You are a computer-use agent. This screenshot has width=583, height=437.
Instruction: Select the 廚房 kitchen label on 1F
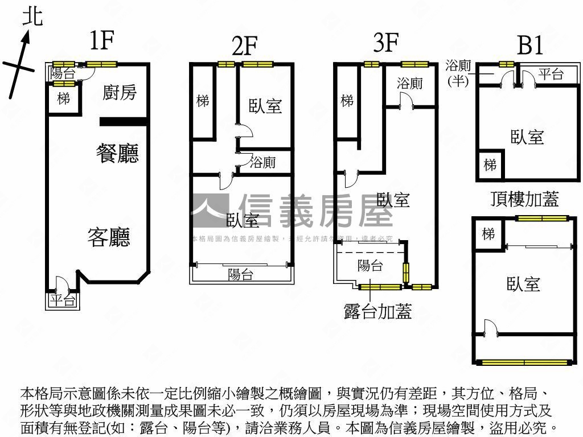pyautogui.click(x=120, y=92)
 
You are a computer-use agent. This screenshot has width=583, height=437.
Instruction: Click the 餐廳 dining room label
pyautogui.click(x=118, y=154)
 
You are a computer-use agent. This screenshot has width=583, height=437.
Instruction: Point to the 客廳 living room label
pyautogui.click(x=108, y=237)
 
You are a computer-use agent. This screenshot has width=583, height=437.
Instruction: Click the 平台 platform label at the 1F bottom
pyautogui.click(x=63, y=301)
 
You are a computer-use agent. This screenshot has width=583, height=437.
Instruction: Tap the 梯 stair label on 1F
pyautogui.click(x=63, y=98)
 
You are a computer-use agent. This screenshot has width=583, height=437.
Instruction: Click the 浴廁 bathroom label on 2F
pyautogui.click(x=263, y=163)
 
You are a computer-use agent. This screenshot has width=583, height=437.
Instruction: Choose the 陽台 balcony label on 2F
pyautogui.click(x=240, y=275)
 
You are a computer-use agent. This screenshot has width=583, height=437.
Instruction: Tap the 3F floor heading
pyautogui.click(x=385, y=43)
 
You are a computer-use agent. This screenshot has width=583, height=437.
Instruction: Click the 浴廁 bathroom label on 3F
pyautogui.click(x=410, y=84)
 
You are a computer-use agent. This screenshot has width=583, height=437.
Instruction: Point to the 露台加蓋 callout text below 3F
pyautogui.click(x=377, y=311)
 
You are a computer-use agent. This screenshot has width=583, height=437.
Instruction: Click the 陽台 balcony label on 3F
pyautogui.click(x=370, y=265)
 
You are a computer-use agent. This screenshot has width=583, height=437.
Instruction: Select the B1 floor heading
pyautogui.click(x=529, y=46)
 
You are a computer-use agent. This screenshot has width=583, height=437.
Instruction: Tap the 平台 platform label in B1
pyautogui.click(x=551, y=74)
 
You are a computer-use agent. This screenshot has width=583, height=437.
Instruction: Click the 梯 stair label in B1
pyautogui.click(x=490, y=165)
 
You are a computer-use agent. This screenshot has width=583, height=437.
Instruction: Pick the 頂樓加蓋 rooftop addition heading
pyautogui.click(x=524, y=199)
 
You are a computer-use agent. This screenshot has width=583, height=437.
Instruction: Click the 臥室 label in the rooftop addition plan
pyautogui.click(x=523, y=283)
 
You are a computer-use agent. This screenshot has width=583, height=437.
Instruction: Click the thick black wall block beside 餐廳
pyautogui.click(x=124, y=121)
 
